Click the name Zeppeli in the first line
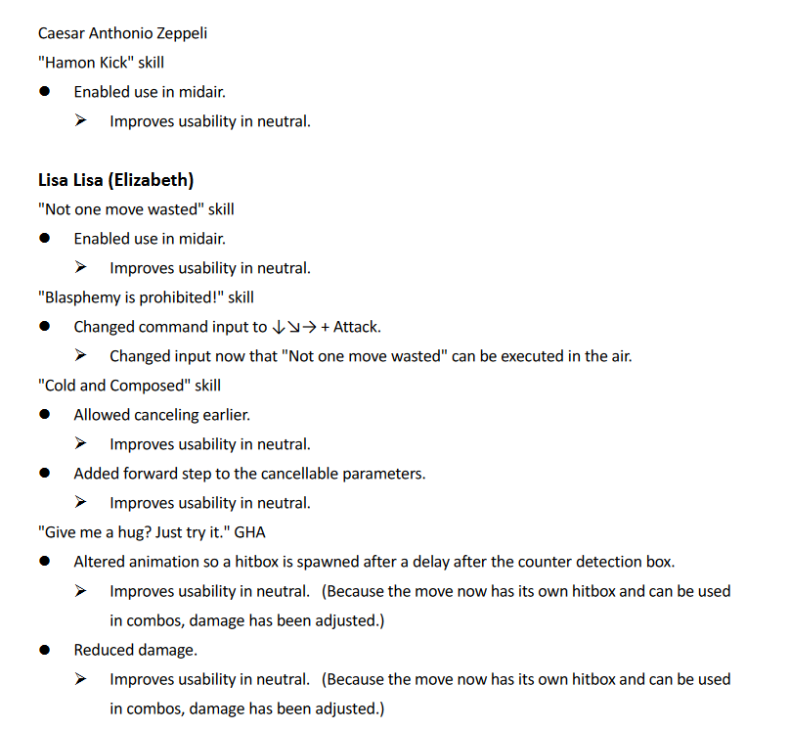coord(181,33)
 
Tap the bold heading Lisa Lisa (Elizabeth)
coord(115,180)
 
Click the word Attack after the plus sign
coord(357,327)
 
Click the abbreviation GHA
coord(250,532)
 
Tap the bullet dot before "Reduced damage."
coord(45,650)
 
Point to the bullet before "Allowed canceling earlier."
coord(45,415)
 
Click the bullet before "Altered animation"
coord(45,562)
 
